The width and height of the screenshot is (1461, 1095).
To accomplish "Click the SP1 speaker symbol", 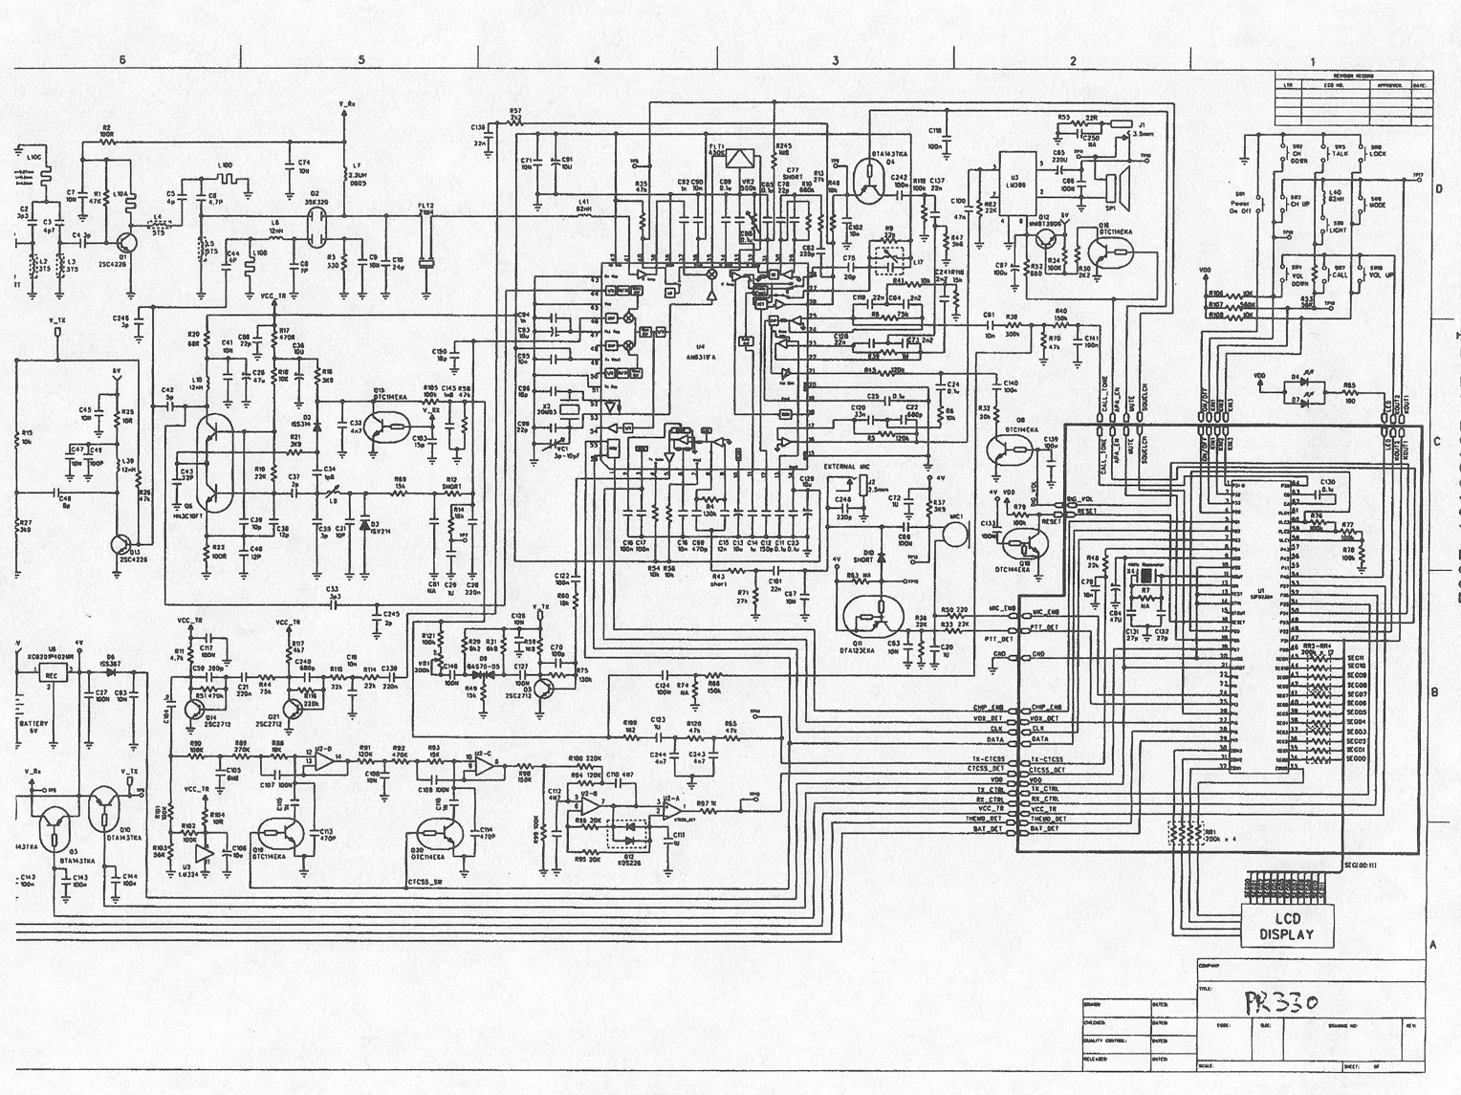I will tap(1112, 182).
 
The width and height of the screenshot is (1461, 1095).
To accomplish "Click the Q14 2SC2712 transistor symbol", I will tap(197, 710).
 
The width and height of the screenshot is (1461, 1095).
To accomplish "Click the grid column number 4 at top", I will tap(596, 59).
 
